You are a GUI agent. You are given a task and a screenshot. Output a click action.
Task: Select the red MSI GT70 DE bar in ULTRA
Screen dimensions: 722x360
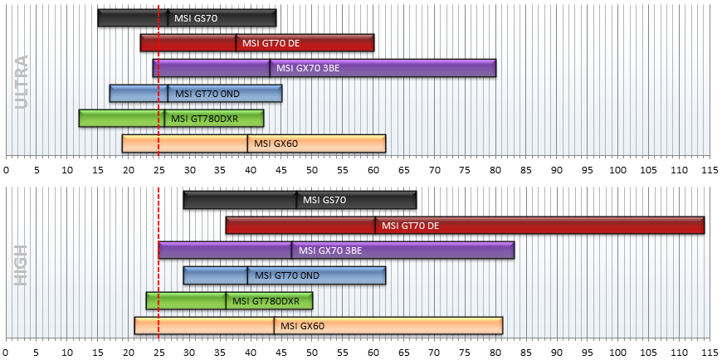click(257, 43)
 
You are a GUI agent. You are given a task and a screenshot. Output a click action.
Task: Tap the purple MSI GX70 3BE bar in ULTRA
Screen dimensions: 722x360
click(324, 68)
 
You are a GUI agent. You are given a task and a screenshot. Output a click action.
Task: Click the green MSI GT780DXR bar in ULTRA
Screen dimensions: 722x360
click(171, 119)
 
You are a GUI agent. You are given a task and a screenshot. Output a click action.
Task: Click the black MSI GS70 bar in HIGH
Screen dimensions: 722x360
click(300, 200)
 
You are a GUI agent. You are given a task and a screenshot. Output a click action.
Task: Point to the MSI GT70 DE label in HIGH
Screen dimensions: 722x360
click(410, 226)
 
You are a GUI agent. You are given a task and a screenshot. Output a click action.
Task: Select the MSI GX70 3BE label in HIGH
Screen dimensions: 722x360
click(330, 251)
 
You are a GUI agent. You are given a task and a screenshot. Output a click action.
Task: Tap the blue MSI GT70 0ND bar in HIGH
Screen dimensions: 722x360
click(284, 275)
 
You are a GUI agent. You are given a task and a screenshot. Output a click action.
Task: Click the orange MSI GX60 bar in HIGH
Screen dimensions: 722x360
click(318, 326)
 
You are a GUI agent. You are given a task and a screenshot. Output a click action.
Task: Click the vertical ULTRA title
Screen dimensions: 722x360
click(22, 82)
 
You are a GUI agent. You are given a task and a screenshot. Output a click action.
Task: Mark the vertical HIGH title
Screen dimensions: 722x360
click(22, 265)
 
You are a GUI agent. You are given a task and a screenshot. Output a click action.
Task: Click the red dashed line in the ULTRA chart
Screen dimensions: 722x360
click(159, 80)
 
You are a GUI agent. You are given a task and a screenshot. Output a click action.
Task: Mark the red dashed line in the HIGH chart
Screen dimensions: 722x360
click(159, 264)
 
